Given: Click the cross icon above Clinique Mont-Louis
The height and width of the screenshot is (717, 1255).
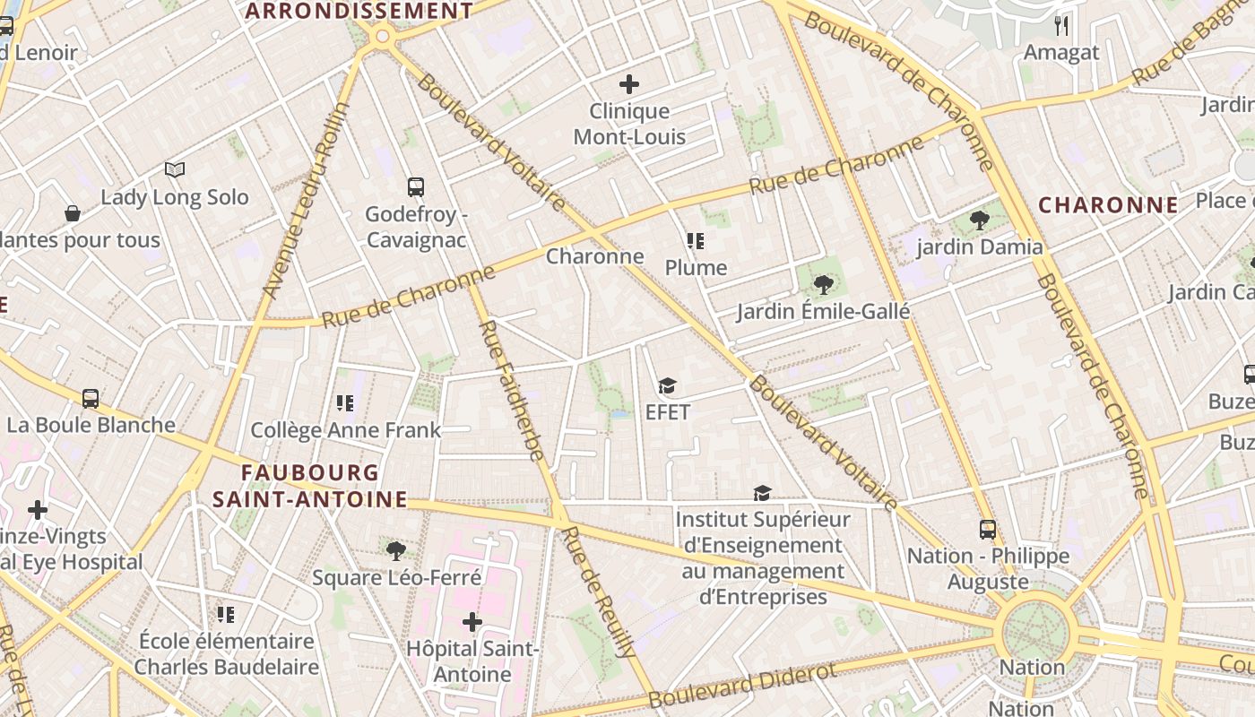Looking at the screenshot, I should click(x=629, y=84).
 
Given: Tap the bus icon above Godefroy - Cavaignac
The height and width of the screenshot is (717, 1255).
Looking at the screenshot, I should click(x=416, y=187).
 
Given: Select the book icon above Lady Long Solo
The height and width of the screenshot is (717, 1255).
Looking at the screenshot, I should click(x=175, y=169).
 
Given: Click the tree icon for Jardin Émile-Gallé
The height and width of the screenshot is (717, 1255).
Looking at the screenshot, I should click(x=823, y=285).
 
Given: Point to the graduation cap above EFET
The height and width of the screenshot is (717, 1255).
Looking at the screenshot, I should click(x=667, y=386).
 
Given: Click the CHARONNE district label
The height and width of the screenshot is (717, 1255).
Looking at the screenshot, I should click(x=1108, y=205).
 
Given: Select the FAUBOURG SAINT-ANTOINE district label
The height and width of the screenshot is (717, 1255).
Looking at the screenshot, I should click(x=310, y=486).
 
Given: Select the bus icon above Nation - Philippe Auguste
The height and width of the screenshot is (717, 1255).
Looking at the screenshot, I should click(x=988, y=530).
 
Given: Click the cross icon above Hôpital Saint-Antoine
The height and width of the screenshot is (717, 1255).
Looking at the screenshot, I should click(x=472, y=622).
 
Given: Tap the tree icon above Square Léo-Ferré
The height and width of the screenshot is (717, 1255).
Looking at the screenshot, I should click(x=395, y=550).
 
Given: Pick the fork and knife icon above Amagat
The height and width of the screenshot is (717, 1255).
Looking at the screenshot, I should click(x=1061, y=25).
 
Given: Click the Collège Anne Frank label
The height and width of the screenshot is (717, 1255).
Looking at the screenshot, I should click(x=345, y=430).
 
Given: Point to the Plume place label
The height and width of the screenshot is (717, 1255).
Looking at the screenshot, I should click(x=696, y=267).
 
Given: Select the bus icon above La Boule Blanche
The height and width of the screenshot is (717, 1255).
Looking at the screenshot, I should click(x=91, y=399).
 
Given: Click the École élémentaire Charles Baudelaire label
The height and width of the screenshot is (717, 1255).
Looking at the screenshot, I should click(x=227, y=654).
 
